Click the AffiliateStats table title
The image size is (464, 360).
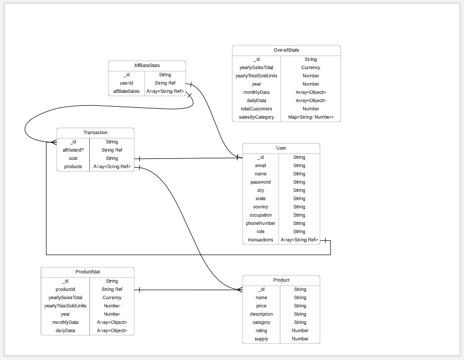point(147,66)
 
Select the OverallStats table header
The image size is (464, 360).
point(286,50)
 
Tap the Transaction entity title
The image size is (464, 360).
point(95,133)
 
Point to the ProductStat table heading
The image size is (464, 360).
point(88,271)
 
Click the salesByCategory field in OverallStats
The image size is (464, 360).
point(257,117)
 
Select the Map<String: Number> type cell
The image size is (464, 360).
point(311,117)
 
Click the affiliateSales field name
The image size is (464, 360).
point(126,91)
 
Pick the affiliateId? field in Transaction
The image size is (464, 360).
point(73,150)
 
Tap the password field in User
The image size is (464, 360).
point(261,182)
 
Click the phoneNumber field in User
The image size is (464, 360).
point(261,223)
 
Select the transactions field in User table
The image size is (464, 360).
point(261,240)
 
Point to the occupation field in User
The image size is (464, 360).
point(261,215)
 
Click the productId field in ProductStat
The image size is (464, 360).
point(66,289)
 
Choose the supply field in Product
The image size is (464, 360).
point(261,339)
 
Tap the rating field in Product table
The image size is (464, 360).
point(261,331)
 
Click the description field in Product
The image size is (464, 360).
point(261,314)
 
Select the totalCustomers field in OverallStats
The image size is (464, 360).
point(257,109)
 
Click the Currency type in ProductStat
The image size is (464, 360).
point(112,298)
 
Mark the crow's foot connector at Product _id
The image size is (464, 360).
point(239,289)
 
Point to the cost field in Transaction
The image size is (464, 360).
point(73,158)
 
